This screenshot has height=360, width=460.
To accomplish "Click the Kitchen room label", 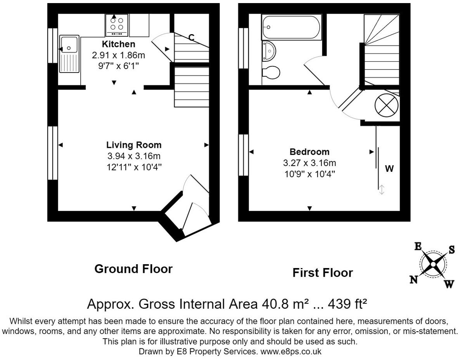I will tap(118, 44).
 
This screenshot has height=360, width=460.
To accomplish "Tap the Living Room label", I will tap(134, 145).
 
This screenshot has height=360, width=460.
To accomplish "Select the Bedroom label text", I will tap(309, 152).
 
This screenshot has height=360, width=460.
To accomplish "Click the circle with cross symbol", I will tap(386, 105).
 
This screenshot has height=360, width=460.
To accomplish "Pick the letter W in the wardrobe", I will tap(389, 169).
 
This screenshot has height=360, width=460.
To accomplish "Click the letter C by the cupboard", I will tap(191, 38).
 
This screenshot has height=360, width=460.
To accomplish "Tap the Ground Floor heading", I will tap(133, 269).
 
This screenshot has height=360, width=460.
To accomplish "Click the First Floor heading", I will tap(322, 273).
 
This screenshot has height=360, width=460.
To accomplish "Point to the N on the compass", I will tap(414, 279).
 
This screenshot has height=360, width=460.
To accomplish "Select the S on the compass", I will tap(451, 250).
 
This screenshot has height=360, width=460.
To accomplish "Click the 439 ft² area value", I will tap(347, 304).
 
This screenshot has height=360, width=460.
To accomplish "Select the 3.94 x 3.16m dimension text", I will tap(134, 156).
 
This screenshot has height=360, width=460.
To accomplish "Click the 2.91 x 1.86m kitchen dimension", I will tap(118, 55).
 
